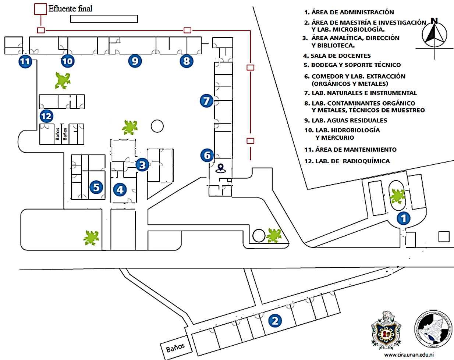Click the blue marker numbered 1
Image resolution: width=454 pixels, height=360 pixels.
click(404, 218)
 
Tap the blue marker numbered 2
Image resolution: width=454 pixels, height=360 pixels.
click(275, 321)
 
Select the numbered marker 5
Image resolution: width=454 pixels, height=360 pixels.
click(96, 188)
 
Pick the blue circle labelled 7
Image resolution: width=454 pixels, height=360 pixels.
click(206, 100)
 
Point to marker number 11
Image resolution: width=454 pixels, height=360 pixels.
click(25, 61)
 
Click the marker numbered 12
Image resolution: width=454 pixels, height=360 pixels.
click(46, 117)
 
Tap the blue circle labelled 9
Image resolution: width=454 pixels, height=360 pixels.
click(135, 61)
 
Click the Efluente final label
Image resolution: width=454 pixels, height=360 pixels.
click(70, 8)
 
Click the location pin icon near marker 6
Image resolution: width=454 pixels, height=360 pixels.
click(220, 168)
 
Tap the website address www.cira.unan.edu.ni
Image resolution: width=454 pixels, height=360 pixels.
click(409, 355)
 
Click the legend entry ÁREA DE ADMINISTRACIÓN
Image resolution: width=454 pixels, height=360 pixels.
click(352, 12)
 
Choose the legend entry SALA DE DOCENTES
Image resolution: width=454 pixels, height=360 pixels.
click(340, 56)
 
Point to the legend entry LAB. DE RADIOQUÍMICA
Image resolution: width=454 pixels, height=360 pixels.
click(352, 161)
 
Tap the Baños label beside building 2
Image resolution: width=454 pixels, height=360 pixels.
click(175, 347)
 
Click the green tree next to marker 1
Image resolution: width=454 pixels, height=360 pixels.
click(397, 196)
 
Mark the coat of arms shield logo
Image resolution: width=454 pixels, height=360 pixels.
click(386, 330)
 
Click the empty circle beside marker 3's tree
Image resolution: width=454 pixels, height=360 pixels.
click(157, 126)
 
